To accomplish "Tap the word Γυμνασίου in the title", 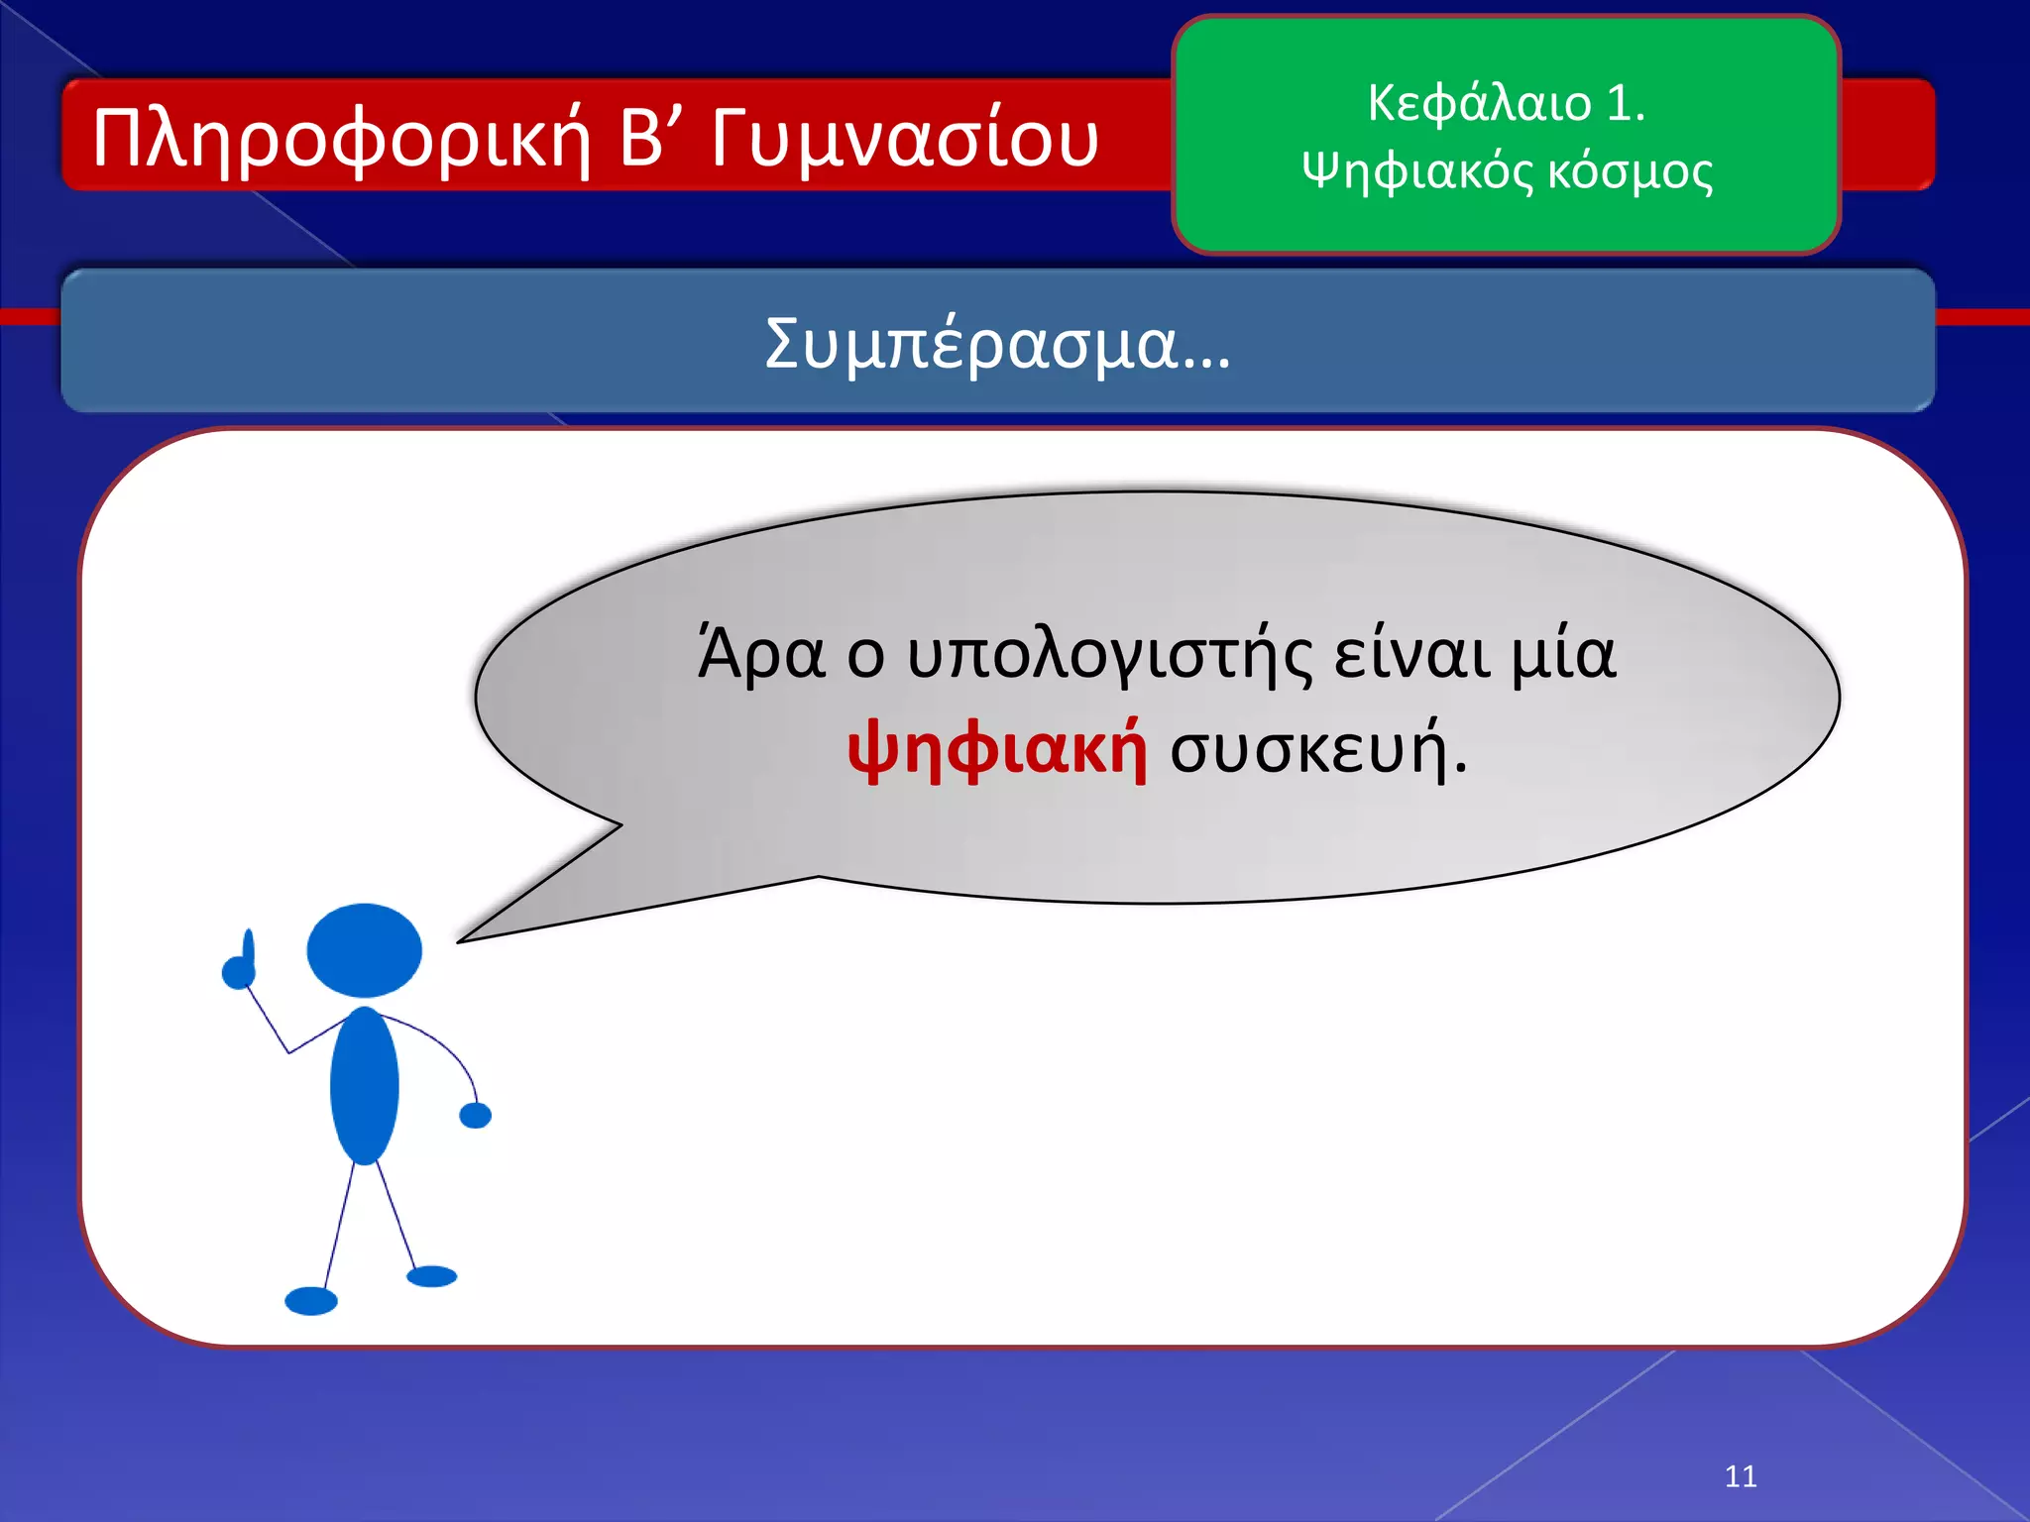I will click(904, 139).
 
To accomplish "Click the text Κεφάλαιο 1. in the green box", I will click(1506, 103).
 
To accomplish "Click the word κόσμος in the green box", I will click(1630, 171).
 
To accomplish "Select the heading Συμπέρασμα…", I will click(997, 344).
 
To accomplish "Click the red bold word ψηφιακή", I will click(997, 748).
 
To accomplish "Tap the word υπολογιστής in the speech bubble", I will click(1110, 656).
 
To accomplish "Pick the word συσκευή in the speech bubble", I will click(1318, 748).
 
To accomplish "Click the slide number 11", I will click(1741, 1476).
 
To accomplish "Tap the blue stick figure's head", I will click(364, 950).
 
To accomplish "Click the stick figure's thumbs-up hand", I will click(239, 966).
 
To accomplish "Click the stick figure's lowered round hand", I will click(476, 1116).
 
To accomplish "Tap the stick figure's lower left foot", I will click(311, 1300).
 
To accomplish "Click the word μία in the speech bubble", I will click(1563, 656).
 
